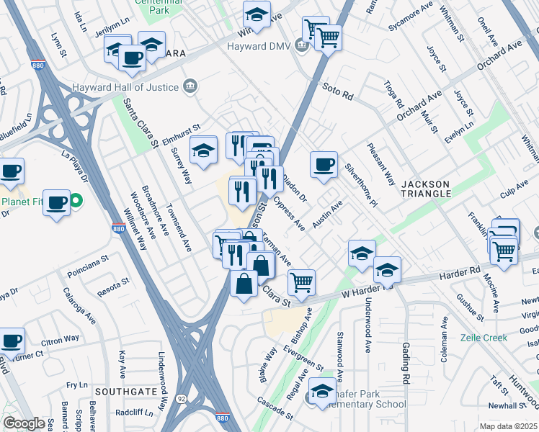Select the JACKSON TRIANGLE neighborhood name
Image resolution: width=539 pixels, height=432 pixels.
(x=426, y=189)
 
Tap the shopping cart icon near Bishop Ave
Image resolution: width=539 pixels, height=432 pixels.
(x=301, y=281)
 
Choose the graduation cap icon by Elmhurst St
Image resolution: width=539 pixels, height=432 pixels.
(x=204, y=149)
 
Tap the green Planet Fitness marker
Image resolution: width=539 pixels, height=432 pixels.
(x=75, y=201)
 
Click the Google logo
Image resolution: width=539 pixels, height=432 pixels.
(x=24, y=423)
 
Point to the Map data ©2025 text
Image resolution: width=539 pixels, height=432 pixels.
(x=508, y=426)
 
